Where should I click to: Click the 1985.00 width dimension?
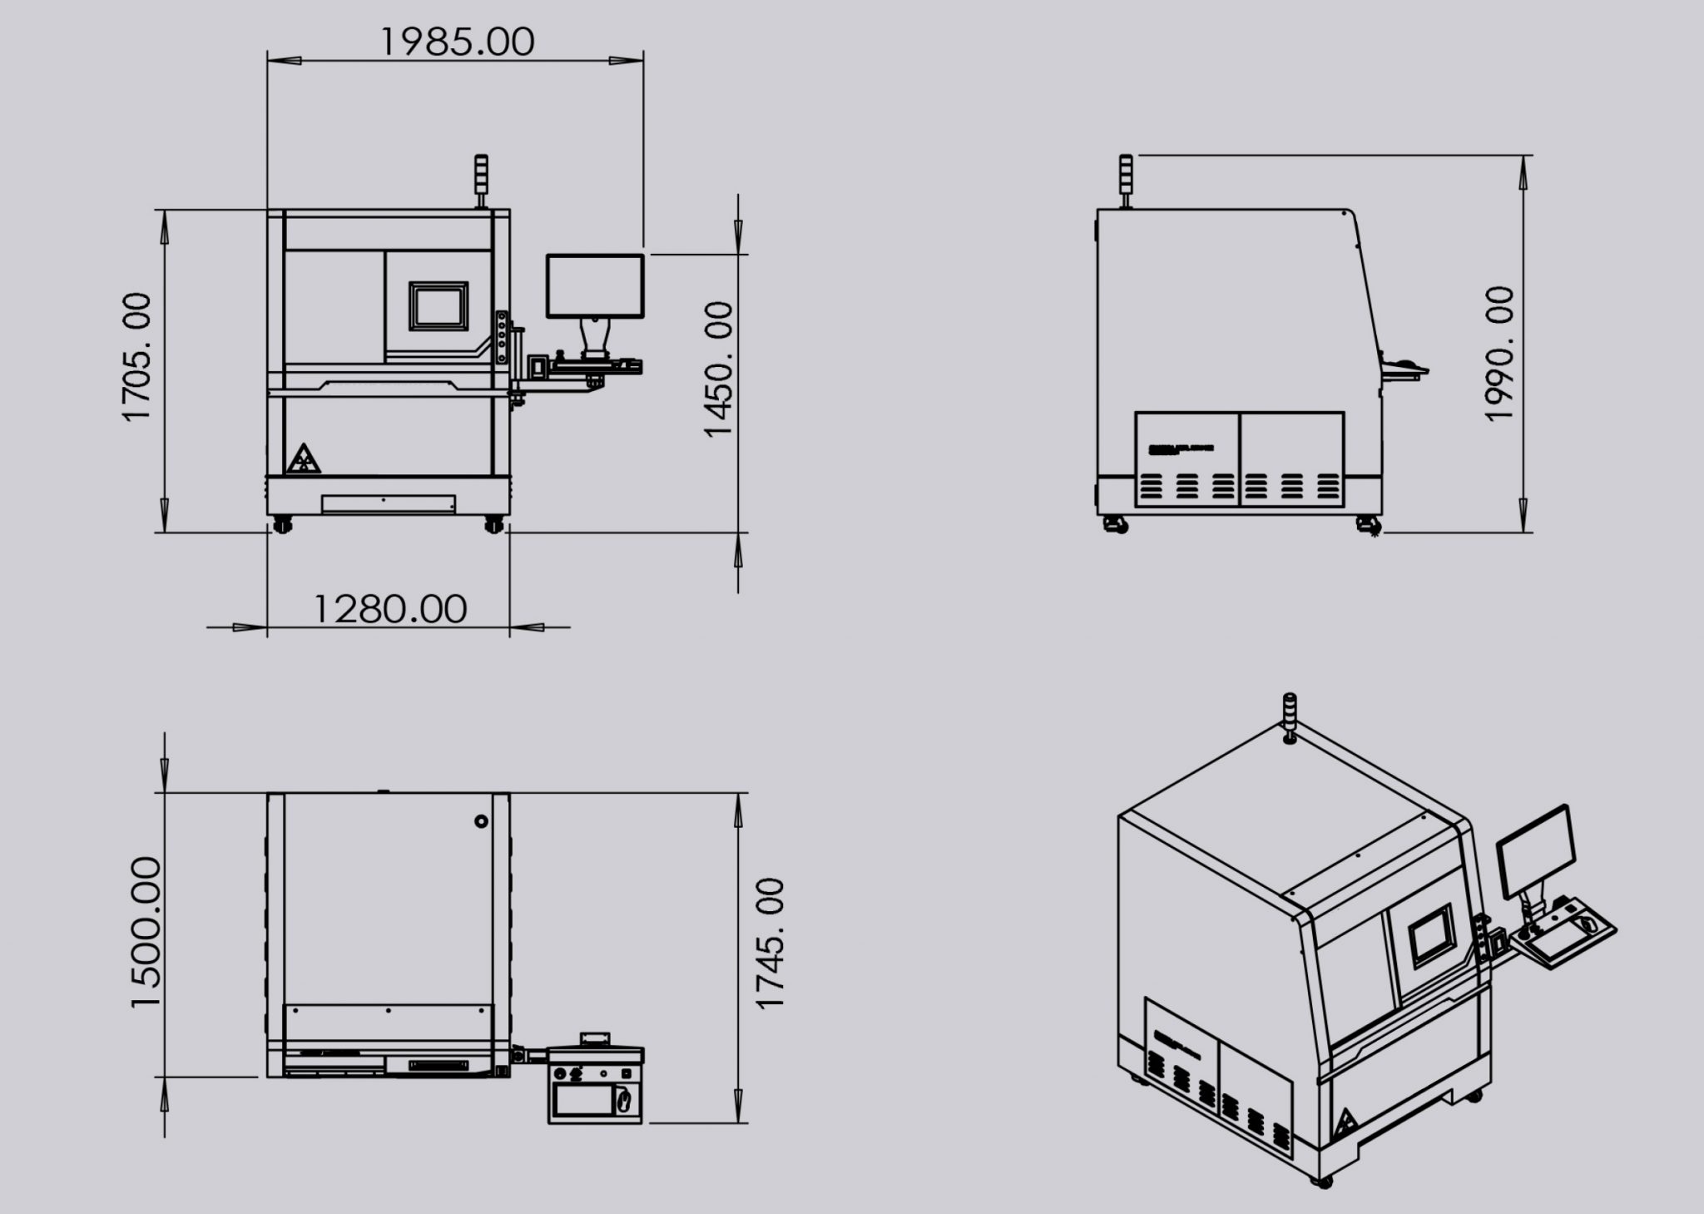coord(457,42)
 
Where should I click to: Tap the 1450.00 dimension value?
coord(718,369)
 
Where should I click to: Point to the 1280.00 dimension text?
coord(389,609)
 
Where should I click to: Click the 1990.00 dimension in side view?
coord(1500,354)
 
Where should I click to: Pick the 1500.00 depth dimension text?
coord(146,932)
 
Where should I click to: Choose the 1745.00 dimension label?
coord(770,943)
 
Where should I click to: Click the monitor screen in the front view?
coord(595,285)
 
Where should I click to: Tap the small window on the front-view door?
coord(438,305)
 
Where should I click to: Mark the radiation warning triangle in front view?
coord(303,460)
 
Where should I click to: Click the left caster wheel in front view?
coord(282,524)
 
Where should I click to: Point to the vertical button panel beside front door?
coord(501,336)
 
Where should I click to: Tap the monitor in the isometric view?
coord(1536,852)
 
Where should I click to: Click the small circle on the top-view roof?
coord(481,821)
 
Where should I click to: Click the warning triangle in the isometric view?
coord(1344,1124)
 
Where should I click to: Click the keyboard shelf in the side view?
coord(1404,371)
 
